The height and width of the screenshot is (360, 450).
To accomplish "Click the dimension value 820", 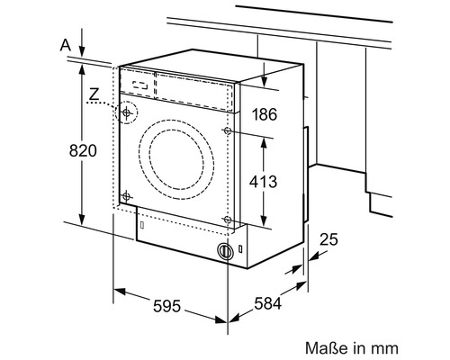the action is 83,150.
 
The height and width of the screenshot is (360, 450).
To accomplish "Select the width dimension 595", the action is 166,306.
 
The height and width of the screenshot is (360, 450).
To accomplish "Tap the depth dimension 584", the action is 268,303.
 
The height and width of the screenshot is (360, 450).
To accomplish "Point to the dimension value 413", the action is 263,182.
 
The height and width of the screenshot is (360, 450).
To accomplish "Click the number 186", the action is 265,114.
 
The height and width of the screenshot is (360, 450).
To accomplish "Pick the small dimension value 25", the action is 328,239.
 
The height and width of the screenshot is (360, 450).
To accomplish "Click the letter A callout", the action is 66,45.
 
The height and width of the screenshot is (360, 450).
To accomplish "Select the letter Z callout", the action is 94,94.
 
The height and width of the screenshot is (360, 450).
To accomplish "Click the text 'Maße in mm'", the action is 352,348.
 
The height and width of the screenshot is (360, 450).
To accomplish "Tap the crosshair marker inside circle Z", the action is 126,112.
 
